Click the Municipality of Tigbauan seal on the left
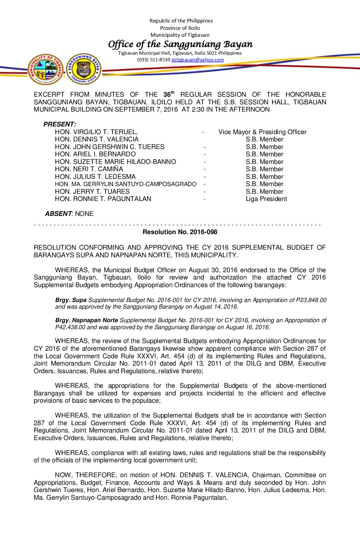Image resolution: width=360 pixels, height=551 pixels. pyautogui.click(x=46, y=70)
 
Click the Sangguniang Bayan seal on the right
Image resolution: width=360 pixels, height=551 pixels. pyautogui.click(x=84, y=69)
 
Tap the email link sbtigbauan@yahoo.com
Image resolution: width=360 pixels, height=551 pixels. pyautogui.click(x=198, y=60)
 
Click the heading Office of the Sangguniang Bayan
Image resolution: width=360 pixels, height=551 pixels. pyautogui.click(x=180, y=44)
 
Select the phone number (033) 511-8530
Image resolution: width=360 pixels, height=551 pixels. pyautogui.click(x=154, y=60)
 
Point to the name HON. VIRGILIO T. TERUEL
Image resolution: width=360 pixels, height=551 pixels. pyautogui.click(x=96, y=132)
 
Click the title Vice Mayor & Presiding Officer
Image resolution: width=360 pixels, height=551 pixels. pyautogui.click(x=262, y=132)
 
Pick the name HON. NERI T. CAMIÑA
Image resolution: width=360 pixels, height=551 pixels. pyautogui.click(x=89, y=169)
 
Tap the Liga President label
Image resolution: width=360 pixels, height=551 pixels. pyautogui.click(x=266, y=199)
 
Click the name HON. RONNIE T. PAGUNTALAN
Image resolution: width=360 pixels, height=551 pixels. pyautogui.click(x=103, y=199)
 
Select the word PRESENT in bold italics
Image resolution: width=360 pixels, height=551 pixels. pyautogui.click(x=59, y=125)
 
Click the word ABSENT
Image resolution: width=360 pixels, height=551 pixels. pyautogui.click(x=58, y=214)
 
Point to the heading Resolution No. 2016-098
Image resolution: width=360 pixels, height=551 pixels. pyautogui.click(x=180, y=232)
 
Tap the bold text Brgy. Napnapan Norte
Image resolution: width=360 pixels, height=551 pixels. pyautogui.click(x=86, y=320)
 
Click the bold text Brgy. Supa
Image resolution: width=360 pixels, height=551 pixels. pyautogui.click(x=70, y=300)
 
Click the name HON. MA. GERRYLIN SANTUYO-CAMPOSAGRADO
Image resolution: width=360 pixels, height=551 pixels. pyautogui.click(x=125, y=184)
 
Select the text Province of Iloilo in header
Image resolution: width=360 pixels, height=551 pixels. pyautogui.click(x=180, y=28)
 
